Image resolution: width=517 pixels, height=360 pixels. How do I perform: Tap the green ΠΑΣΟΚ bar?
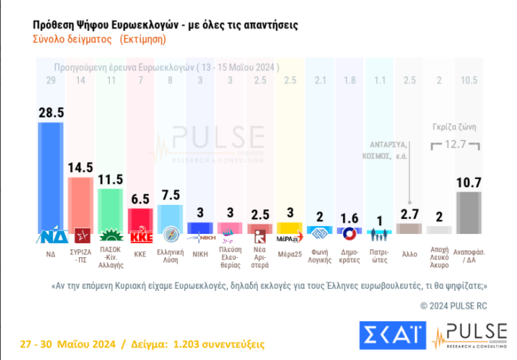pyautogui.click(x=109, y=211)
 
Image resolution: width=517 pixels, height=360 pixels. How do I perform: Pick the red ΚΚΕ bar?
pyautogui.click(x=139, y=219)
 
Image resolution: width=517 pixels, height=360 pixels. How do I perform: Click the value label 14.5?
pyautogui.click(x=80, y=168)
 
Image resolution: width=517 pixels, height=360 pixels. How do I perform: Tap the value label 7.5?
pyautogui.click(x=170, y=195)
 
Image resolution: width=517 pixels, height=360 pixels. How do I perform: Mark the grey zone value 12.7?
pyautogui.click(x=454, y=145)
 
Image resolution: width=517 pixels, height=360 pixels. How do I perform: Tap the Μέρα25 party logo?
pyautogui.click(x=290, y=236)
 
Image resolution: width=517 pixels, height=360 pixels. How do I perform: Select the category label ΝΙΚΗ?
pyautogui.click(x=200, y=252)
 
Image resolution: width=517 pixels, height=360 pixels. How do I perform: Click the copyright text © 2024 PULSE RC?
pyautogui.click(x=453, y=305)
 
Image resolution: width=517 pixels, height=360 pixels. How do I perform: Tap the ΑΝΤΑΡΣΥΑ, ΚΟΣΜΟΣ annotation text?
pyautogui.click(x=397, y=150)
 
